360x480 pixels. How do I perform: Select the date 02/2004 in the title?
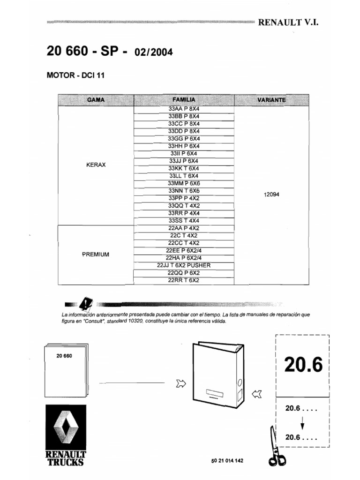(154, 52)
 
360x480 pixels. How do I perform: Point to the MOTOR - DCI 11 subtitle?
(75, 75)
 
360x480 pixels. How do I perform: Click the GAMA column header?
(96, 100)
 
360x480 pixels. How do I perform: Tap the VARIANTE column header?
(271, 100)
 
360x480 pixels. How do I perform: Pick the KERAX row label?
(96, 165)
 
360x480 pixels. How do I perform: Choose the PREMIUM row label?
(96, 254)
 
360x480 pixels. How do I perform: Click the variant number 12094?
(271, 195)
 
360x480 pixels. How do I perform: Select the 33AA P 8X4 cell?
(184, 108)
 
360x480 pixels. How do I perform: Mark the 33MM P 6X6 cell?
(184, 183)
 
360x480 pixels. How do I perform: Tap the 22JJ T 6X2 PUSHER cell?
(184, 265)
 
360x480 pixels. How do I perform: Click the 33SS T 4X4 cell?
(184, 220)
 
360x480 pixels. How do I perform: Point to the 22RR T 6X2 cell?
(184, 280)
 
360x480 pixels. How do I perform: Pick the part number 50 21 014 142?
(227, 460)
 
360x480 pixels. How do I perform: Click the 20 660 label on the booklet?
(64, 356)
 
